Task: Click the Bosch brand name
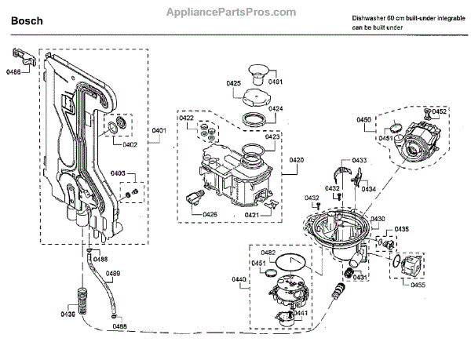point(27,21)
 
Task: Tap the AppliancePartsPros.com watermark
point(231,12)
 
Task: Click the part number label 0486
point(13,72)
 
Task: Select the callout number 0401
point(159,130)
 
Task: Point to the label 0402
point(130,144)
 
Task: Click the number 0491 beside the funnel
point(276,82)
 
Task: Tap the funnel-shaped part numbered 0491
point(257,75)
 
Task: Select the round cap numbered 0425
point(256,97)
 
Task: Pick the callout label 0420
point(297,160)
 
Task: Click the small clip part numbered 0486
point(24,57)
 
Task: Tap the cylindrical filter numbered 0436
point(82,301)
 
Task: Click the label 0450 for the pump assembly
point(364,120)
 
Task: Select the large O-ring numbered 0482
point(290,262)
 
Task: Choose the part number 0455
point(418,285)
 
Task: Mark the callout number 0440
point(239,279)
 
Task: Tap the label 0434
point(369,189)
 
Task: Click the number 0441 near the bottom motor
point(301,313)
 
